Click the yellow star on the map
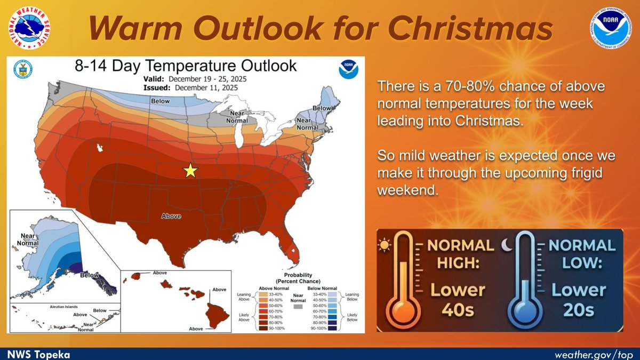(x=190, y=171)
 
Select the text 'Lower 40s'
(x=458, y=299)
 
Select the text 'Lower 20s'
(x=579, y=299)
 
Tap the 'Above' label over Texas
(x=171, y=216)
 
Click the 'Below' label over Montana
(x=159, y=101)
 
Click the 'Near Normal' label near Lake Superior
(x=237, y=117)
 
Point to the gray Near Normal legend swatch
(x=298, y=308)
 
